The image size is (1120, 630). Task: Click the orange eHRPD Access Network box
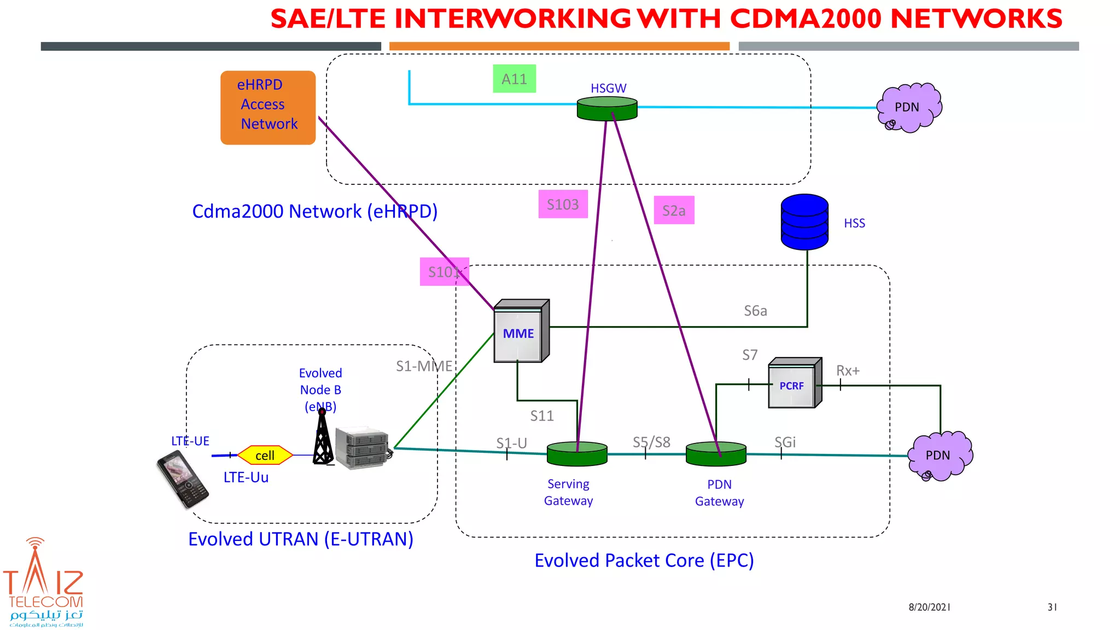click(268, 108)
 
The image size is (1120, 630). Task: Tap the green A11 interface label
click(514, 79)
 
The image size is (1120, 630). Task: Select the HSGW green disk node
click(607, 109)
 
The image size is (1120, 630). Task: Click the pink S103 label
click(563, 204)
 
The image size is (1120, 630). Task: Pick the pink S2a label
click(674, 210)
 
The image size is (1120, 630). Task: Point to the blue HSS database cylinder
click(804, 222)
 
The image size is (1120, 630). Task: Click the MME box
click(520, 332)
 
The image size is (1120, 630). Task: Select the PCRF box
click(794, 384)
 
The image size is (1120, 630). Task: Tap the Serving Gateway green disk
click(577, 454)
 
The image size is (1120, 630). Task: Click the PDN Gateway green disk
click(716, 454)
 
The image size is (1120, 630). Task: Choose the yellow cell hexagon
click(265, 456)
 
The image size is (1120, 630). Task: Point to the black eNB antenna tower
click(323, 437)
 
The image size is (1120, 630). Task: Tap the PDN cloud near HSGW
click(909, 108)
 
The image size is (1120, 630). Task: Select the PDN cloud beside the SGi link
click(940, 456)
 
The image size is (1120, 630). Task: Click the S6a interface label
click(755, 311)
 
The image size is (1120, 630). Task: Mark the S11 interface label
click(542, 416)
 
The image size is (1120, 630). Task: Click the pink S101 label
click(444, 271)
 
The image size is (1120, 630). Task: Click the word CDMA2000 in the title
click(807, 19)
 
